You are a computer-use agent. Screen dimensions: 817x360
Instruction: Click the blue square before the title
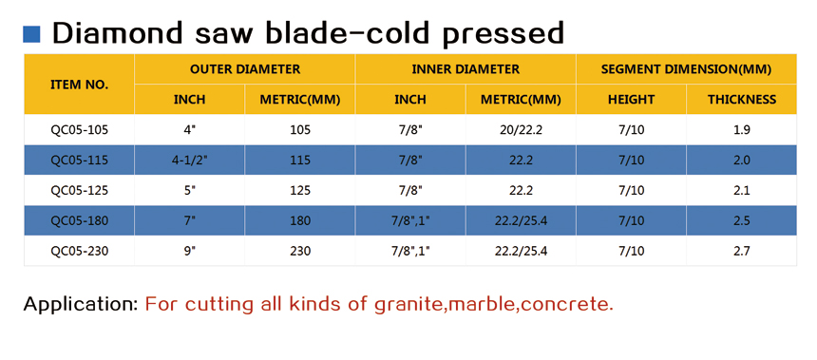point(31,34)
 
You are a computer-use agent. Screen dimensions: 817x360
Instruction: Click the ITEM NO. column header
point(79,85)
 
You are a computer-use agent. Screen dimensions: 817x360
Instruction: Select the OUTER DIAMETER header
point(245,69)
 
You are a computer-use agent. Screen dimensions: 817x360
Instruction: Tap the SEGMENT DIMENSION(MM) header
point(686,69)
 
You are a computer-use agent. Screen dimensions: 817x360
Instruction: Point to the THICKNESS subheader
point(741,100)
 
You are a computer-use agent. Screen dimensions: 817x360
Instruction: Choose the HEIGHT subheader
point(631,100)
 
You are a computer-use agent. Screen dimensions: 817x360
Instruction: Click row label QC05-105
point(79,130)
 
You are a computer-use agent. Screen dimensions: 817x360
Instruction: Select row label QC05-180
point(79,221)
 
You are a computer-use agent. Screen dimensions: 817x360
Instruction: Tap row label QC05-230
point(79,251)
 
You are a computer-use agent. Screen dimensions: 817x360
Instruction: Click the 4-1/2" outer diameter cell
point(190,160)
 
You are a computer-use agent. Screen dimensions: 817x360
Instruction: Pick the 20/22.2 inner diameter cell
point(521,130)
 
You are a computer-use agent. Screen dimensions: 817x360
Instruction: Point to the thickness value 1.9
point(741,130)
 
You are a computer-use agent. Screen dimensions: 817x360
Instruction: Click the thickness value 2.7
point(741,251)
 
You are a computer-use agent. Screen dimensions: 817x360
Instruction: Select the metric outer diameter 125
point(300,191)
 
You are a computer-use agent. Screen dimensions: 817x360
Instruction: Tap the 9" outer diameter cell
point(190,251)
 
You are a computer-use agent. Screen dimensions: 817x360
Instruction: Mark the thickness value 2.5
point(741,221)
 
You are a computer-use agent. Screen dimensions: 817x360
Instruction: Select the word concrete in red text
point(567,304)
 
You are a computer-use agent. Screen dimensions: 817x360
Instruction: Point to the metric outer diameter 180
point(300,221)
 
